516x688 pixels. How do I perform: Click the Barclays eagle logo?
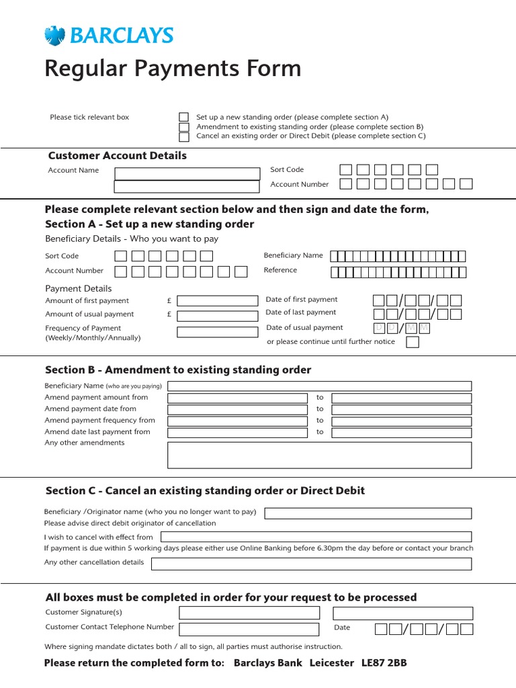point(53,35)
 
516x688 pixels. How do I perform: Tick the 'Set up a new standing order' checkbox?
point(183,117)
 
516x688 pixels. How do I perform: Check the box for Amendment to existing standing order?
point(183,127)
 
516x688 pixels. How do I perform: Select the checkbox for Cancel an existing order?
point(183,136)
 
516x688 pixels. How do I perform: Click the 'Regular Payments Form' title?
point(173,69)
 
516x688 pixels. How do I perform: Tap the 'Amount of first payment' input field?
point(217,301)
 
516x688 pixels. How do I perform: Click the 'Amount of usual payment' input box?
point(217,315)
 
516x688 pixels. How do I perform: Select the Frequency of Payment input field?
point(217,332)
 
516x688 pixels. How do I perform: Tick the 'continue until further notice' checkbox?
point(413,342)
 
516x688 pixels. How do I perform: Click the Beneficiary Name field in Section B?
point(319,386)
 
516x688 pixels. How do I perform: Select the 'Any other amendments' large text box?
point(319,455)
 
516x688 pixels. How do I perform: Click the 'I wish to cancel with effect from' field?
point(316,537)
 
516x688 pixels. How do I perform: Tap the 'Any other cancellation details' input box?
point(311,564)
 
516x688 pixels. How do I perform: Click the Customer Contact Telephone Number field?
point(249,629)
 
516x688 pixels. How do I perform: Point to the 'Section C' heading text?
point(204,490)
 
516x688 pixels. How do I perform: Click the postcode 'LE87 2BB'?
point(384,663)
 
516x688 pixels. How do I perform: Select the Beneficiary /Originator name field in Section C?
point(368,513)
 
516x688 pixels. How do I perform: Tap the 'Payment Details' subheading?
point(79,288)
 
